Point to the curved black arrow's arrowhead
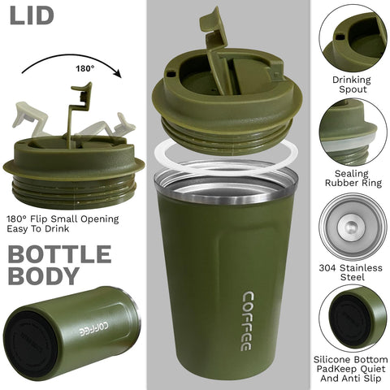point(117,73)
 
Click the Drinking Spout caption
point(351,85)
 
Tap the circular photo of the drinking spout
point(352,37)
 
